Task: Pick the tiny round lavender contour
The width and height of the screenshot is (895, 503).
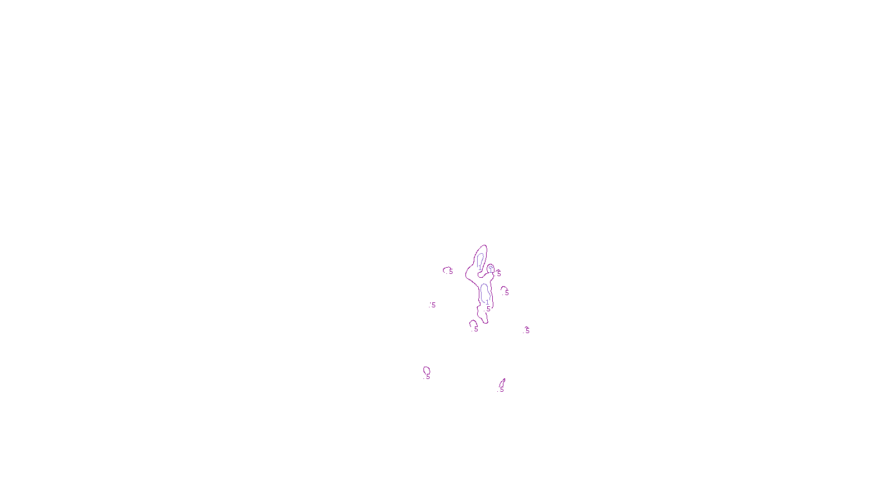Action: point(491,267)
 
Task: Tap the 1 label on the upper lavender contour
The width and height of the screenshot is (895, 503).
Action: point(480,268)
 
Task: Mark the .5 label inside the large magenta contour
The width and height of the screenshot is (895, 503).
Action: point(488,309)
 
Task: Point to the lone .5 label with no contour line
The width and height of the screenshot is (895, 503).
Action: point(432,305)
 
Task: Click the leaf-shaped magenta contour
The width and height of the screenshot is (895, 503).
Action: point(502,383)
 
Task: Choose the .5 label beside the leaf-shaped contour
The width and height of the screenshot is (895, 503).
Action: point(501,390)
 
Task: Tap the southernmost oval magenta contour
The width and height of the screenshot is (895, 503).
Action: point(426,369)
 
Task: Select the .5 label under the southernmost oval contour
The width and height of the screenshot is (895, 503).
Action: point(427,377)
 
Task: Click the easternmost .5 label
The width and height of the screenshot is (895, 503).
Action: point(526,331)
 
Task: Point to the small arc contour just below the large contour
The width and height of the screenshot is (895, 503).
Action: point(473,322)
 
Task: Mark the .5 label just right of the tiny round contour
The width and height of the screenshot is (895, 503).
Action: point(498,273)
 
